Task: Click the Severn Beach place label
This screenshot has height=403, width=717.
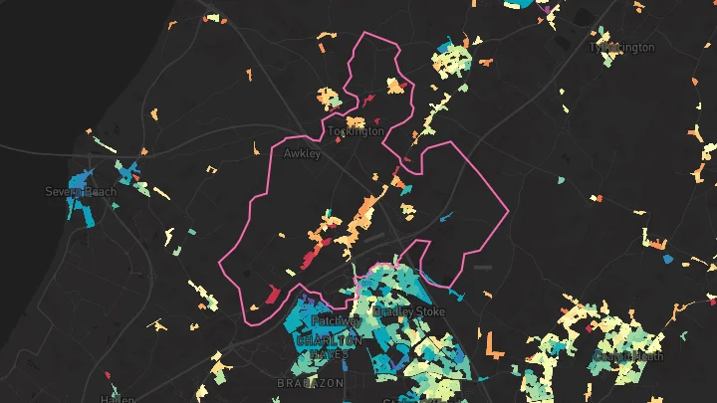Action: tap(81, 191)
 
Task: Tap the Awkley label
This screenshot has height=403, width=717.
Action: tap(302, 154)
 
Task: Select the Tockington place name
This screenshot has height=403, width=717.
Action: tap(356, 131)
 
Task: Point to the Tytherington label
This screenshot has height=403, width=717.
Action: tap(622, 47)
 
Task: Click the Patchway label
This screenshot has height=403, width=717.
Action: tap(336, 321)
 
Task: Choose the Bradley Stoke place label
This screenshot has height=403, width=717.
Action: tap(409, 311)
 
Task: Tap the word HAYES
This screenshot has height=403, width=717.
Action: tap(330, 354)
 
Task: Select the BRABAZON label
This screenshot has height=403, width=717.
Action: tap(310, 382)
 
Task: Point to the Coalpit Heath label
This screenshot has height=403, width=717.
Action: tap(627, 356)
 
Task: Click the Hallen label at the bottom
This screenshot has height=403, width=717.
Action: tap(117, 399)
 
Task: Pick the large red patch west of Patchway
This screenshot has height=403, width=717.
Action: tap(271, 294)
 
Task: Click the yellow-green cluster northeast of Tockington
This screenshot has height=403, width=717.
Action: tap(450, 63)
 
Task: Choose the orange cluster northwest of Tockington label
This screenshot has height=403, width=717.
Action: tap(328, 98)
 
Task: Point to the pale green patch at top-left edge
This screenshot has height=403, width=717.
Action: tap(212, 16)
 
